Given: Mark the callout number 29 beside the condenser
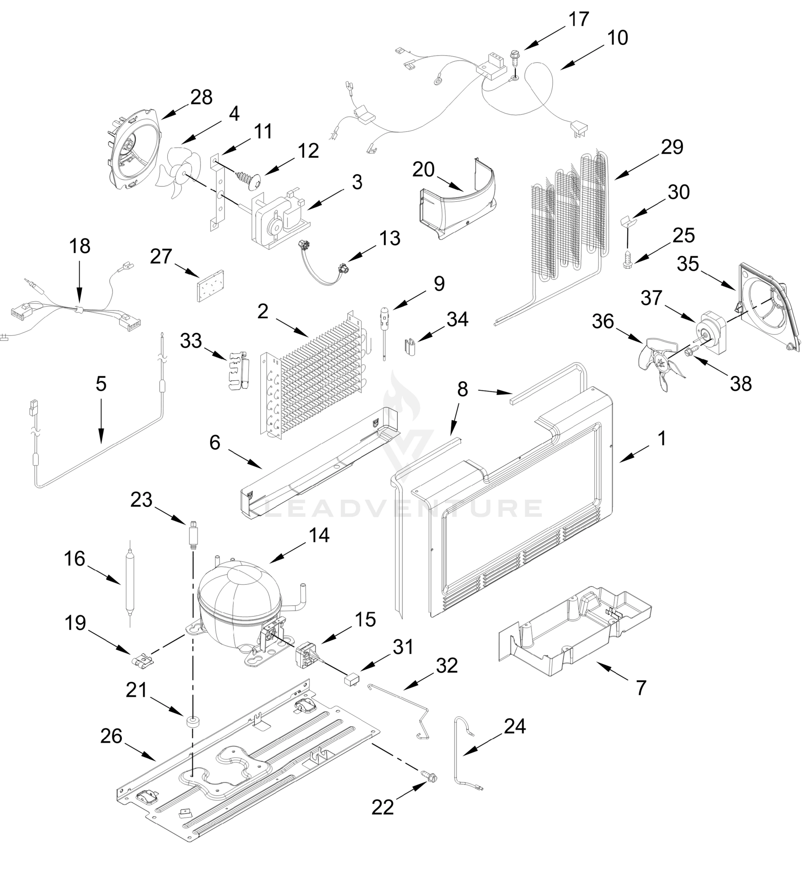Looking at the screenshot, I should pyautogui.click(x=671, y=147).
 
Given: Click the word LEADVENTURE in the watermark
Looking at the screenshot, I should pyautogui.click(x=403, y=509).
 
